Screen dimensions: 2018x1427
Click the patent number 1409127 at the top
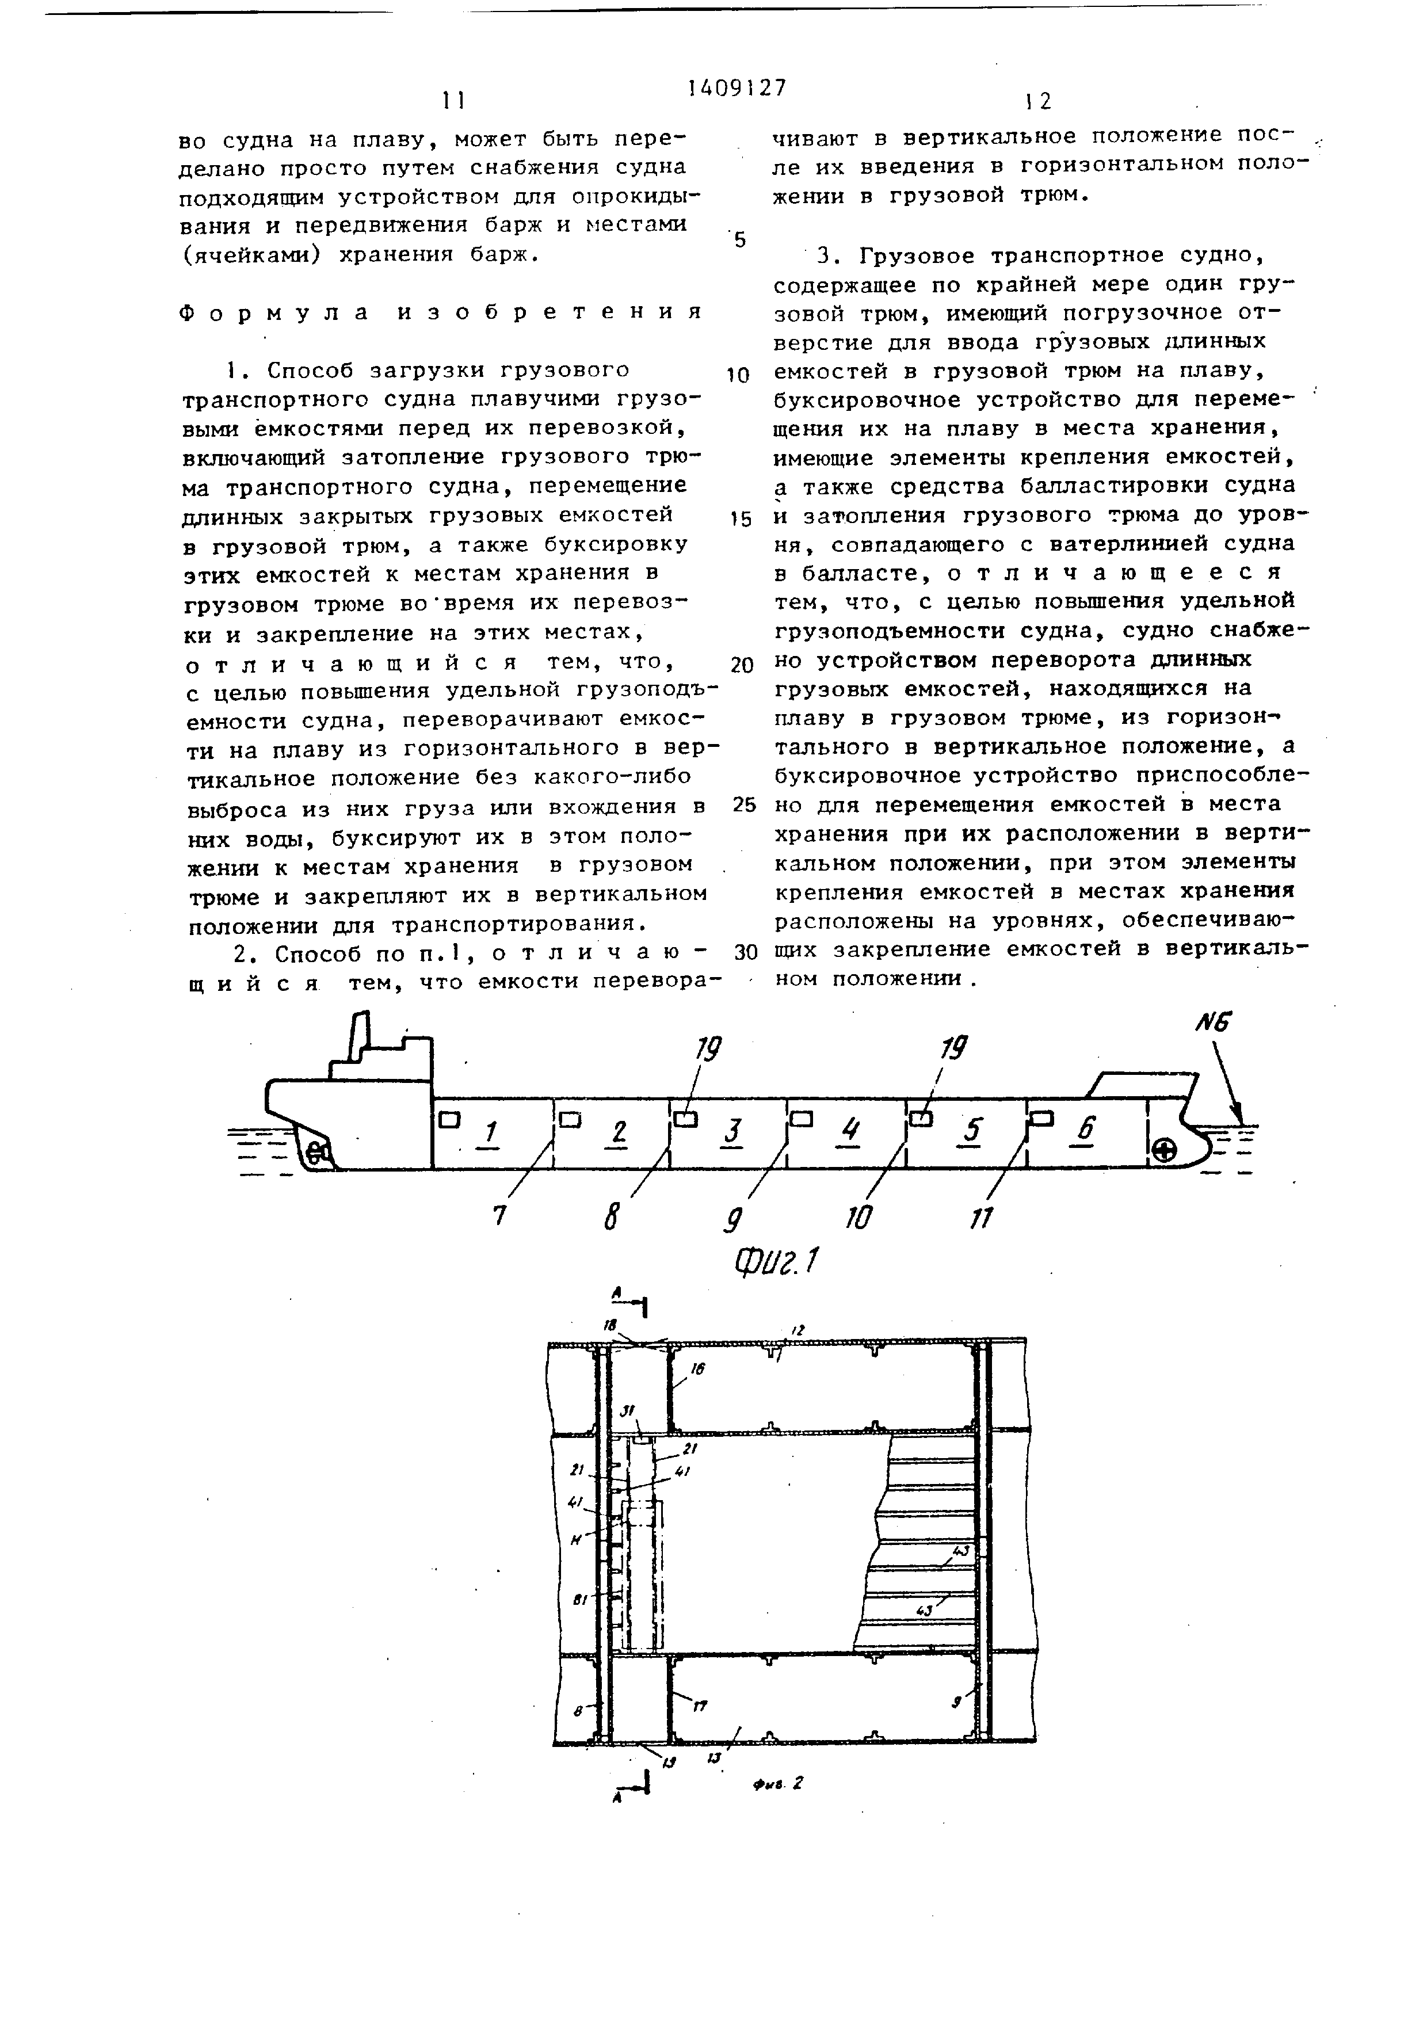click(x=737, y=88)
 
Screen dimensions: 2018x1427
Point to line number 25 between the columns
click(x=743, y=805)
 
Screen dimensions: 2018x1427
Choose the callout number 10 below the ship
click(x=859, y=1218)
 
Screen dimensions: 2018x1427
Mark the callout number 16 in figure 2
click(x=699, y=1370)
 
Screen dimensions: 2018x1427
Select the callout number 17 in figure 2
click(x=700, y=1707)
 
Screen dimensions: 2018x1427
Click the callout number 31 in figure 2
click(x=629, y=1410)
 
